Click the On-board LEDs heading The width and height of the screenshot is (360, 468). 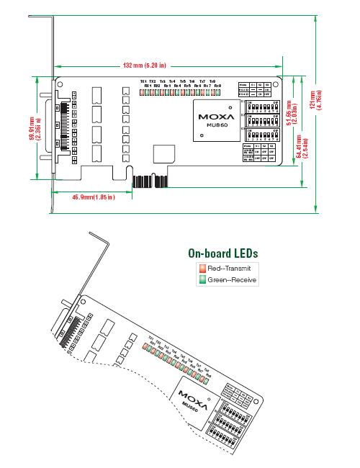coord(222,253)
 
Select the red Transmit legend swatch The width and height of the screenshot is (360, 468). coord(202,268)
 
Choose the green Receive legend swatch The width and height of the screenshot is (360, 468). coord(202,279)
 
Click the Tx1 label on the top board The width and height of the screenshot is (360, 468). coord(143,81)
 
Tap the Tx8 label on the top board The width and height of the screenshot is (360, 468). coord(212,81)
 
